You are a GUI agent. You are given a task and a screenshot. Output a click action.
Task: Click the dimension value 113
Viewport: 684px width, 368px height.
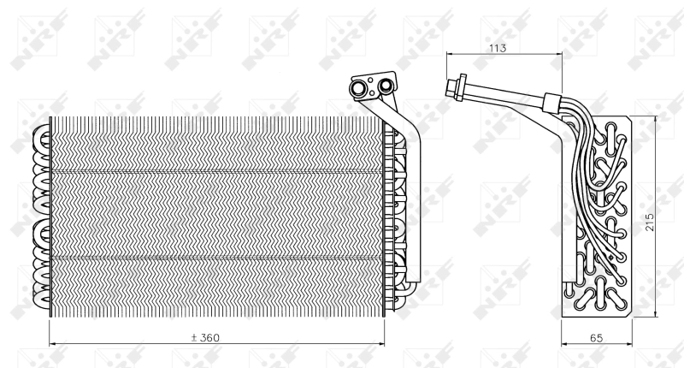click(x=498, y=48)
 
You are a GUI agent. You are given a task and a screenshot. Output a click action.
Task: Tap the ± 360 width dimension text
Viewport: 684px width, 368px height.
click(x=205, y=337)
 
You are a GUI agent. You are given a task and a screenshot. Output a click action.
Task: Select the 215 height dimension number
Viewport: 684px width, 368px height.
click(x=650, y=222)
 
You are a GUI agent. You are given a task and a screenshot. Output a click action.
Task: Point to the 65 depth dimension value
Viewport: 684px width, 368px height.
click(x=596, y=338)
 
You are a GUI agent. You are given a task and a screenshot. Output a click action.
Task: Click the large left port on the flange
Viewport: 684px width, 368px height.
click(x=358, y=89)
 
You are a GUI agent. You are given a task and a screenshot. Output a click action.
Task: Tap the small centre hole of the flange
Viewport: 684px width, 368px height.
click(x=371, y=80)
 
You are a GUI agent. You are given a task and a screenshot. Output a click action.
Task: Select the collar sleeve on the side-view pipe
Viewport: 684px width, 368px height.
click(x=551, y=103)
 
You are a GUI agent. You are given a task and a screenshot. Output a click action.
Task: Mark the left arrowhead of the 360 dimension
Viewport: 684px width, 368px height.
click(x=53, y=344)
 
